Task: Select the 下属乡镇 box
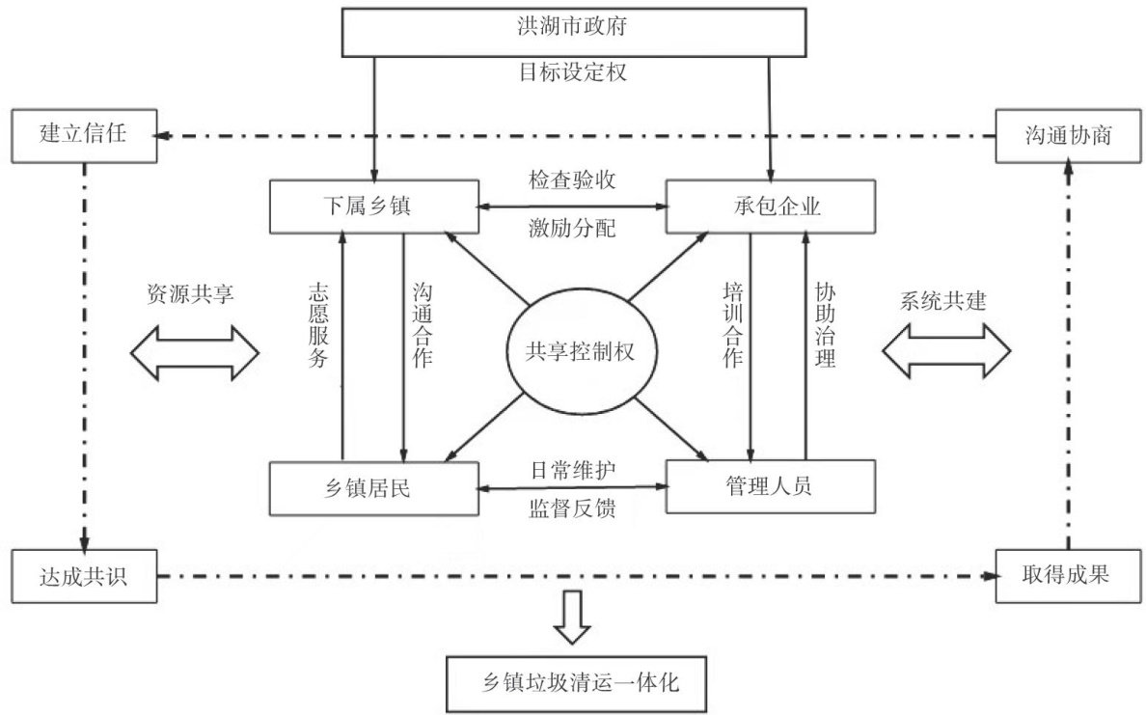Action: click(x=373, y=206)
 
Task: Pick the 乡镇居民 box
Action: click(x=373, y=487)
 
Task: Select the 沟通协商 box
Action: click(x=1068, y=136)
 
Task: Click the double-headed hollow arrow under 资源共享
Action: click(x=195, y=351)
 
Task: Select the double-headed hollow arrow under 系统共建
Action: click(x=944, y=351)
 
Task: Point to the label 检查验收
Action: click(x=572, y=180)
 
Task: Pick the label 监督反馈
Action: click(x=572, y=508)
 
